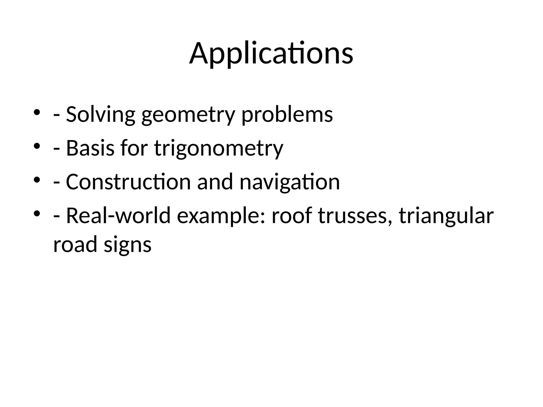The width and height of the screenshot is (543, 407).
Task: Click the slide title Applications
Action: [x=271, y=54]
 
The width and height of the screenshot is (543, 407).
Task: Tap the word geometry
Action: [x=188, y=115]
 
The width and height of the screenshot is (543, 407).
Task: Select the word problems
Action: [x=287, y=115]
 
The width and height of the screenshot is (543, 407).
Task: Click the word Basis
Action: [x=90, y=148]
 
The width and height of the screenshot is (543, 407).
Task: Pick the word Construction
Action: [x=128, y=182]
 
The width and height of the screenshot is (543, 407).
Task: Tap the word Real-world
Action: [x=118, y=216]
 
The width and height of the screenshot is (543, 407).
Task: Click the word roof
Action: [x=292, y=216]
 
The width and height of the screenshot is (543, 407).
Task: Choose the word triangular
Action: [x=446, y=216]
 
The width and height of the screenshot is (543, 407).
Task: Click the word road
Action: [x=75, y=244]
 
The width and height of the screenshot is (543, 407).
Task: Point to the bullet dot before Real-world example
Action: [x=37, y=213]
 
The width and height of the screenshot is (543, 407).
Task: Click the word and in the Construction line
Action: [x=215, y=182]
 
